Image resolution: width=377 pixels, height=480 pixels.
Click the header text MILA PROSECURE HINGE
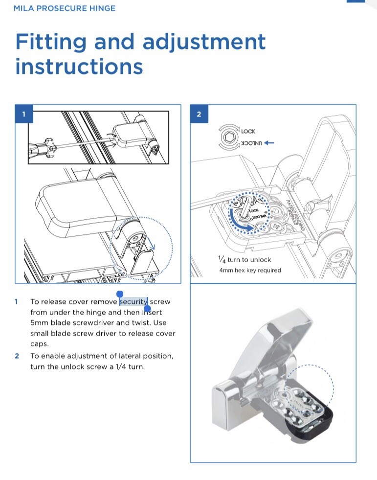65,8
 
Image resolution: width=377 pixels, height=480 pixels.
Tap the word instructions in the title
79,66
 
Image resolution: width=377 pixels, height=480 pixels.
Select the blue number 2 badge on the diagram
199,114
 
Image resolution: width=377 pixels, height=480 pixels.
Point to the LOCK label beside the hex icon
248,131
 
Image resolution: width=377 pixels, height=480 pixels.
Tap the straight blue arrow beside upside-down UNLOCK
269,143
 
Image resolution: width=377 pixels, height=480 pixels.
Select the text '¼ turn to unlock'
244,260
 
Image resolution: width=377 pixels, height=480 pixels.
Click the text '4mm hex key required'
250,270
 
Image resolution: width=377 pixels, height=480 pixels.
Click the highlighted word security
133,301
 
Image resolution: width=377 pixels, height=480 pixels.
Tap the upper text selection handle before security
120,294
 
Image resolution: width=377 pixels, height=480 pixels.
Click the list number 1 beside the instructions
17,302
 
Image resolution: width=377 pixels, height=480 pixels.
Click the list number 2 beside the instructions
17,356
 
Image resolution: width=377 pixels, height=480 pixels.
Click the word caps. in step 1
39,344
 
